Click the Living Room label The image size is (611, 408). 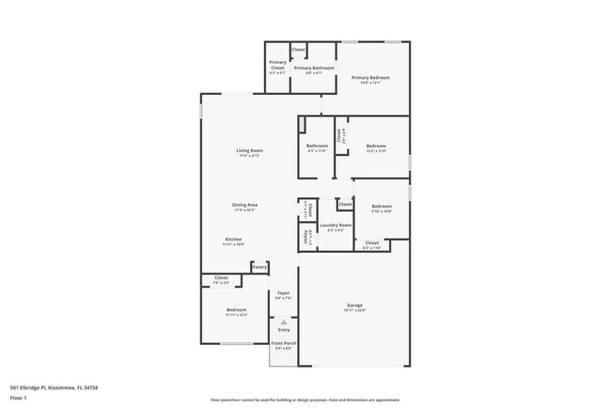tap(249, 150)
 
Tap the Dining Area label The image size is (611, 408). tap(245, 204)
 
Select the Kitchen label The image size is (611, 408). tap(234, 240)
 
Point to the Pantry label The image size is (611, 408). tap(258, 267)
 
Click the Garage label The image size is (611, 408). tap(354, 306)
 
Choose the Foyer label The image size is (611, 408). tap(283, 293)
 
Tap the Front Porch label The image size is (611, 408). tap(283, 345)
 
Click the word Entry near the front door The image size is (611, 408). tap(284, 330)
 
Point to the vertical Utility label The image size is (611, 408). tap(306, 239)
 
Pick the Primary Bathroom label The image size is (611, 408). tap(314, 68)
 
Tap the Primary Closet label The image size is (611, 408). tap(277, 65)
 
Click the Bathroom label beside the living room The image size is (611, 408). tap(317, 146)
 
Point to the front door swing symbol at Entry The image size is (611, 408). tap(284, 322)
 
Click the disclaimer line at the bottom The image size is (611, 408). tap(305, 399)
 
